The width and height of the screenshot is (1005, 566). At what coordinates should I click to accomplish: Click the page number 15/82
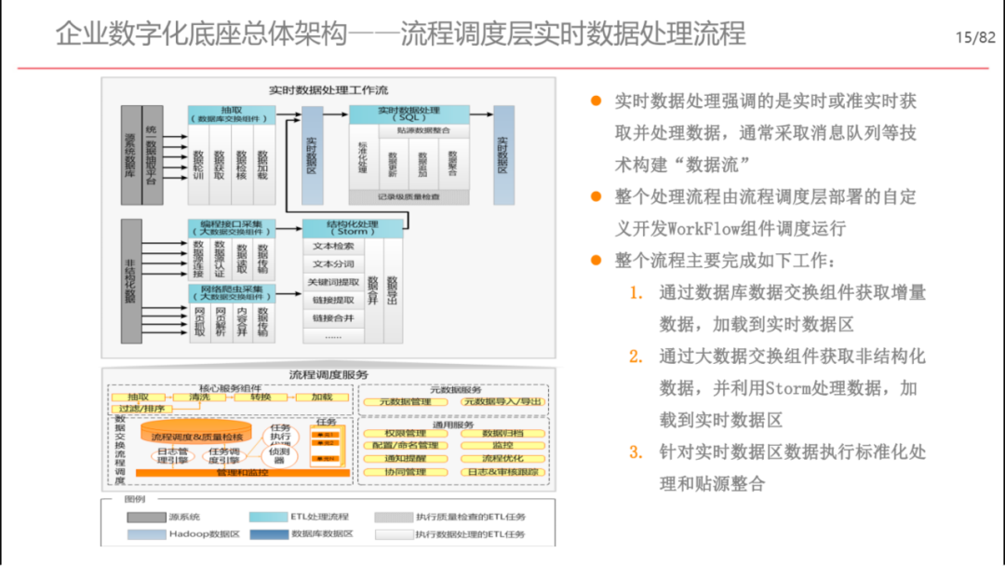[975, 37]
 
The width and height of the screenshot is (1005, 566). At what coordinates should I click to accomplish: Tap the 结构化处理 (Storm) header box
[353, 228]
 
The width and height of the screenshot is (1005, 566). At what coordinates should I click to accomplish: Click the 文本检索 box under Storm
[333, 247]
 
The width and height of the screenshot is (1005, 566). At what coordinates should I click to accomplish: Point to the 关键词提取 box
[333, 282]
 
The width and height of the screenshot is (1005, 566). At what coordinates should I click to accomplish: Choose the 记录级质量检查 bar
[409, 196]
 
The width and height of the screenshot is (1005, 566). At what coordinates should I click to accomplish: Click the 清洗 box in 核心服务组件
[199, 397]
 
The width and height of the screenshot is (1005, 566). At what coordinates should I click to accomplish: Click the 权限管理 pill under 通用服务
[406, 433]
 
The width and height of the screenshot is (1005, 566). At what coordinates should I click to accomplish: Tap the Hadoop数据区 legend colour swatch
[145, 534]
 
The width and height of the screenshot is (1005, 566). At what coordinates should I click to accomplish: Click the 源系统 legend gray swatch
[145, 517]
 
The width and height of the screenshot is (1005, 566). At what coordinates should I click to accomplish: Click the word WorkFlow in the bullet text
[701, 228]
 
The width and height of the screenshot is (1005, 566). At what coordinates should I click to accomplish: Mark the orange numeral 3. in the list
[636, 453]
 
